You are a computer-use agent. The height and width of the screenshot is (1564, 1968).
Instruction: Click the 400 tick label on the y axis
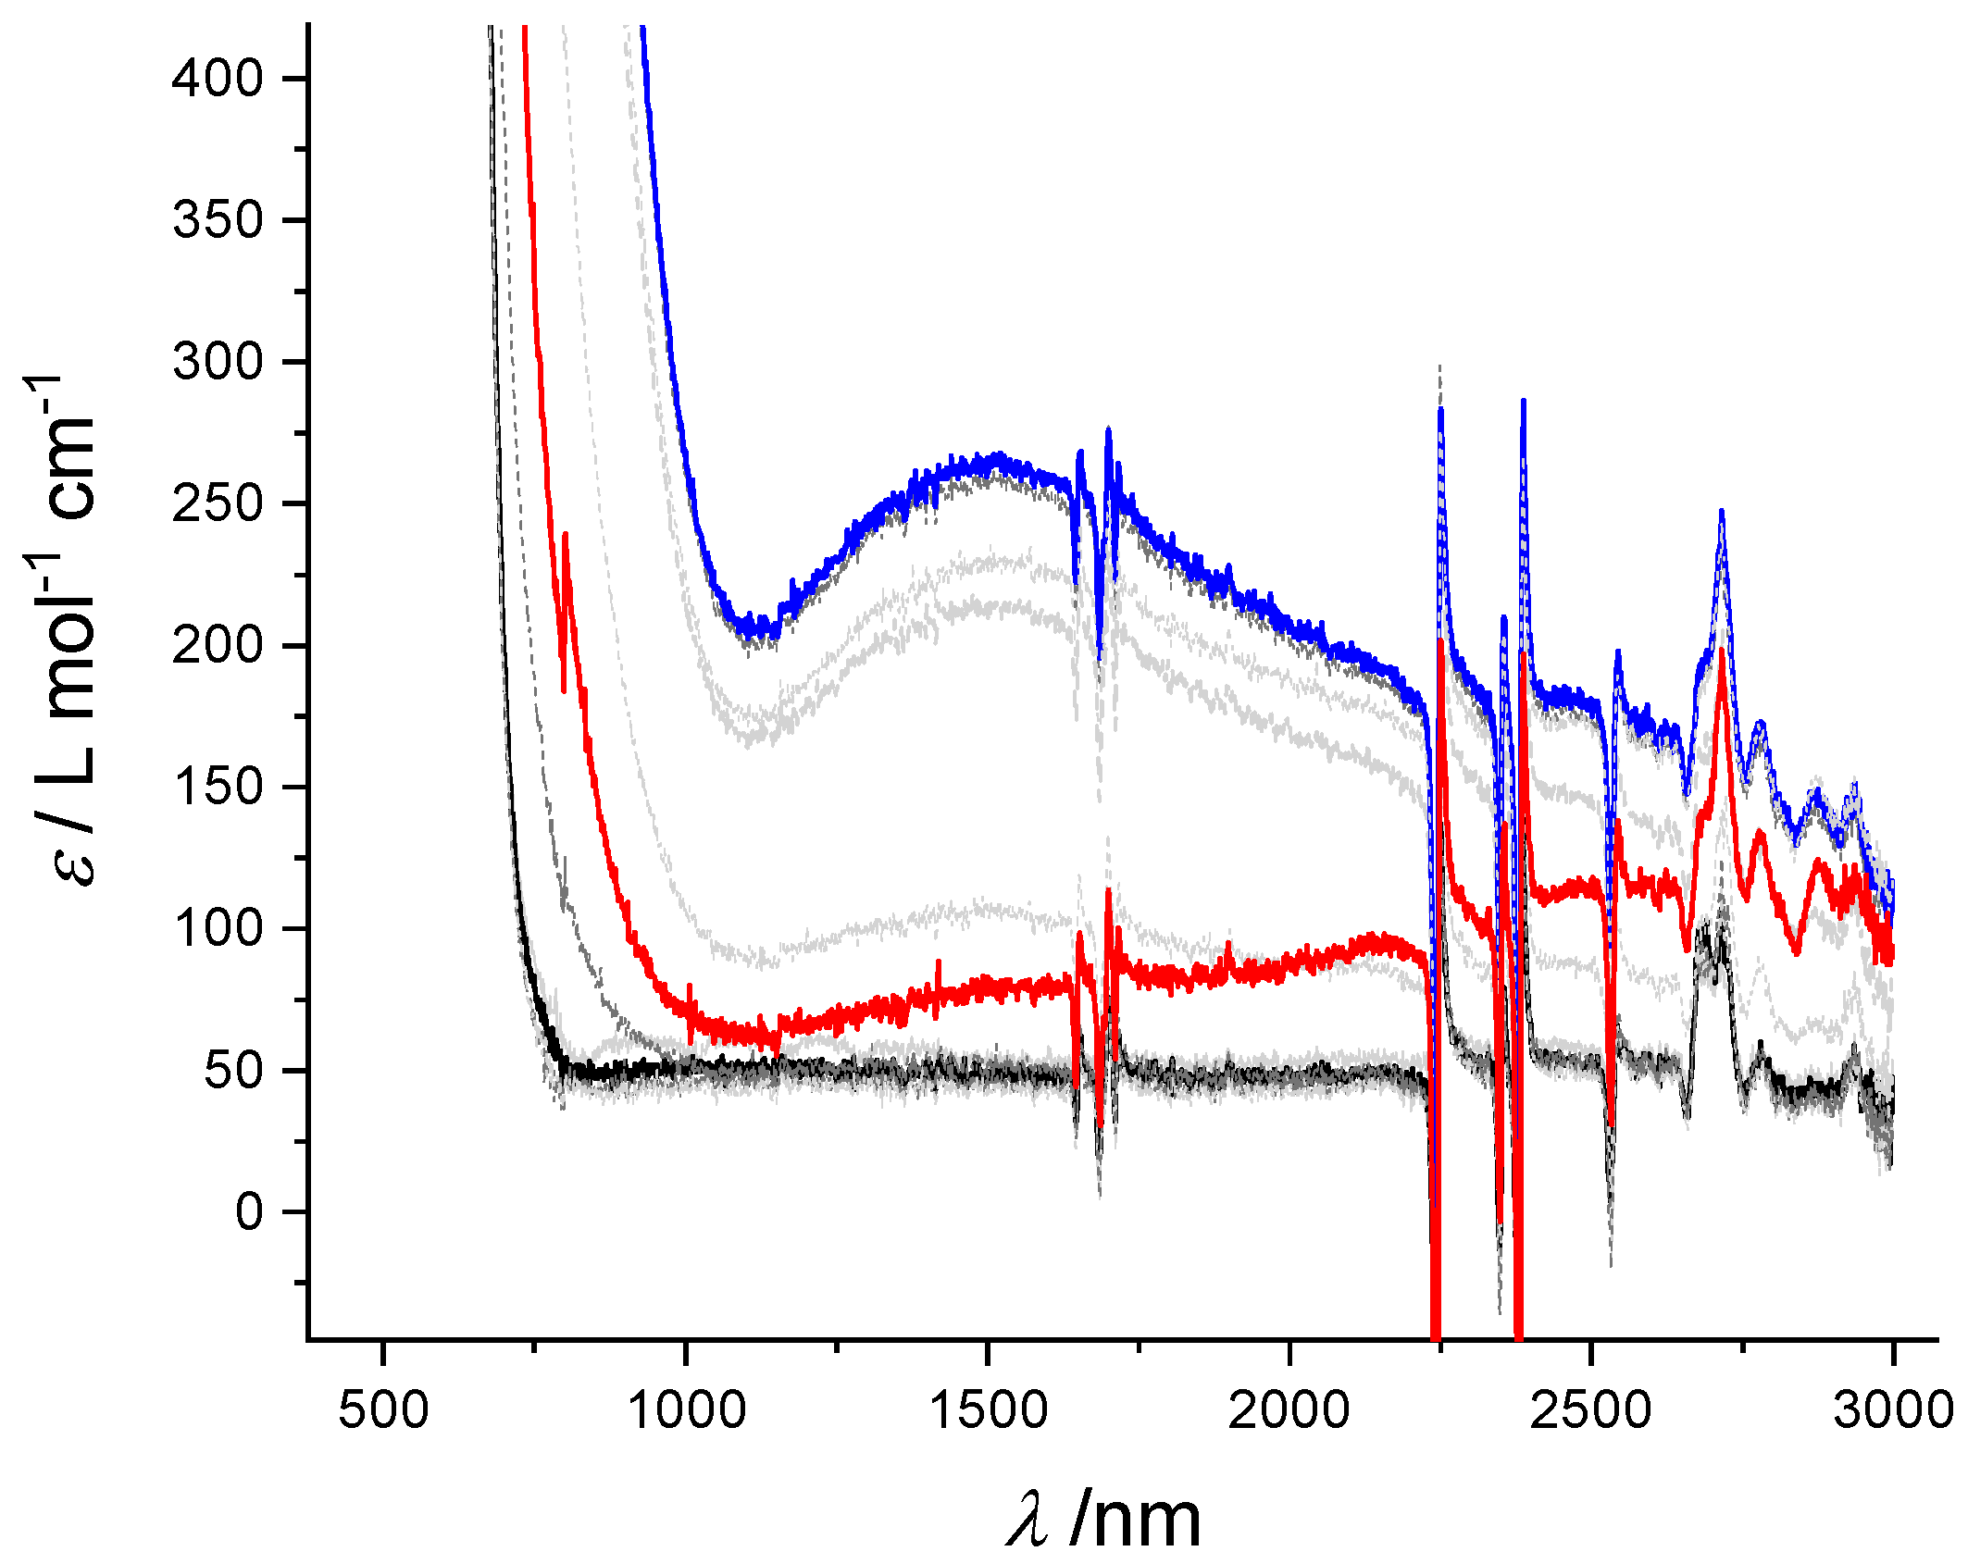point(218,79)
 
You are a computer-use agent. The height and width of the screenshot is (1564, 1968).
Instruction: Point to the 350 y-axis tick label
point(218,220)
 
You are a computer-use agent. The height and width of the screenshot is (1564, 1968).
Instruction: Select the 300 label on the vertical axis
point(218,362)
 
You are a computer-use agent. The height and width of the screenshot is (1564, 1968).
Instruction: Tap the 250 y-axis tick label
point(218,503)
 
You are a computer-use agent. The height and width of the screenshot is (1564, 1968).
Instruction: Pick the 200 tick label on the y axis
point(218,645)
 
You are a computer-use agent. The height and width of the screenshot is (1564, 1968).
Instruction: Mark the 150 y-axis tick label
point(218,787)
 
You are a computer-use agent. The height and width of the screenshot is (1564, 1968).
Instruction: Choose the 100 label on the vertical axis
point(218,928)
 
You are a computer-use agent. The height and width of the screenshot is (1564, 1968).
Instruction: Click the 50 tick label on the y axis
point(234,1070)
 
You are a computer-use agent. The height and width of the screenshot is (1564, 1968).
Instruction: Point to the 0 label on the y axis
point(250,1211)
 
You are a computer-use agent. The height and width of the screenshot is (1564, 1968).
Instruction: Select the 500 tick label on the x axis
point(383,1410)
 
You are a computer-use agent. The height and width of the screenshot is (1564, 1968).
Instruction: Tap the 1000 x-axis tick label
point(686,1410)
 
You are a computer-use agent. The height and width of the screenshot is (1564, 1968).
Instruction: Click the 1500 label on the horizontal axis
point(988,1410)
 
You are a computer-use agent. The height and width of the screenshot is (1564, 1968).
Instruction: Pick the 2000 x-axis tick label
point(1289,1410)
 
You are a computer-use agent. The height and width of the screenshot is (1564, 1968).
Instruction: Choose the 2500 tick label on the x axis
point(1591,1410)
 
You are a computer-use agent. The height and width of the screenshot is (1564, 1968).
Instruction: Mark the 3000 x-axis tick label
point(1893,1410)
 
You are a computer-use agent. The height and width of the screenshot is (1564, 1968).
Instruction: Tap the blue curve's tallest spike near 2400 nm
point(1524,402)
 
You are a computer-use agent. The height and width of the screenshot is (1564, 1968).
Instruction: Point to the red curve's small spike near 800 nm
point(565,534)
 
